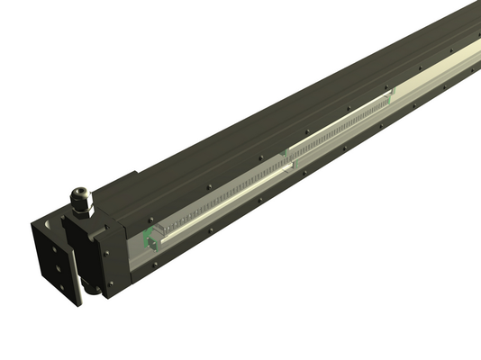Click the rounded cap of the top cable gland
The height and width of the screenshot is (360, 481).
(80, 193)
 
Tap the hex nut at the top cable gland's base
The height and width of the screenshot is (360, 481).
(84, 208)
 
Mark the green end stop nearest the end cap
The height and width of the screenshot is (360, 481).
(150, 239)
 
